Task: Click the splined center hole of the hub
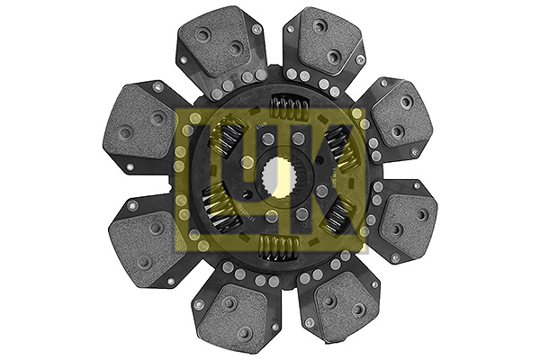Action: (278, 178)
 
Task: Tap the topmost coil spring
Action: (289, 108)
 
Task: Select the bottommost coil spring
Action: (279, 247)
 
